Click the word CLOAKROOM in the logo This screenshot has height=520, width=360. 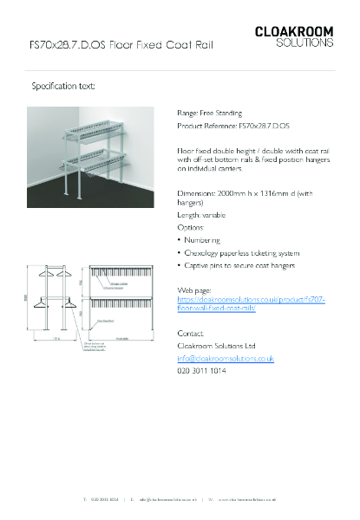click(x=293, y=32)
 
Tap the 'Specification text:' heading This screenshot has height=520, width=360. click(x=62, y=87)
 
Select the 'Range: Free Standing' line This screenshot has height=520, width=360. click(x=209, y=113)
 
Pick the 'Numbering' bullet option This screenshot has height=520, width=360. click(x=202, y=239)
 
